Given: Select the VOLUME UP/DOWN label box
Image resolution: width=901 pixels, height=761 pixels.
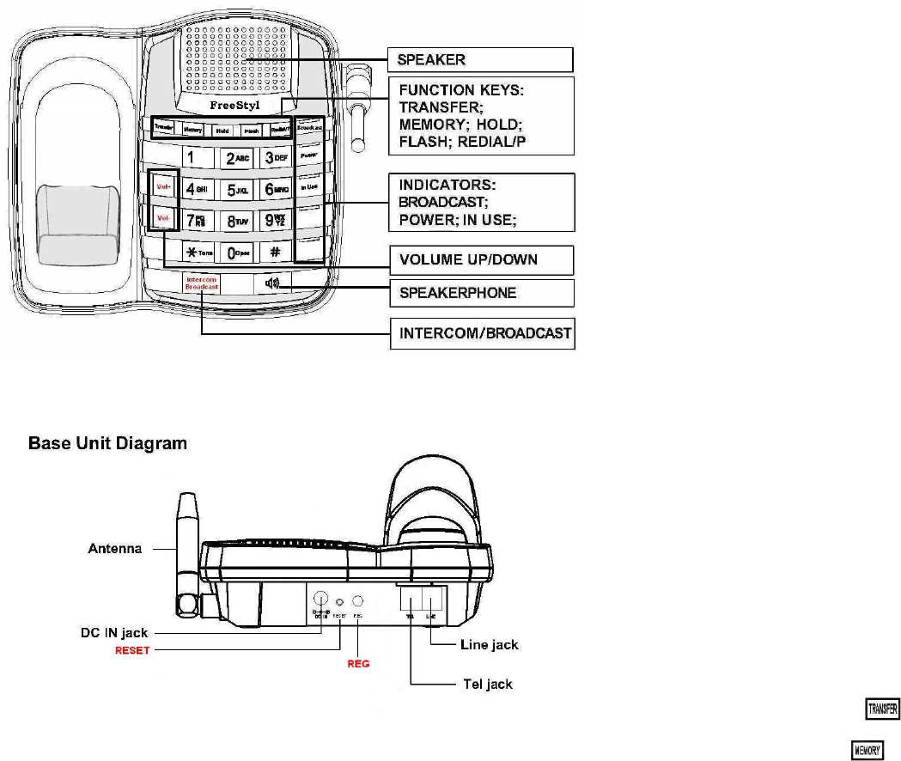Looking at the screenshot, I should [480, 259].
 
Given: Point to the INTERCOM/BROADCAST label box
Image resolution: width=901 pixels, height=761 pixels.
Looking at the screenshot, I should [482, 333].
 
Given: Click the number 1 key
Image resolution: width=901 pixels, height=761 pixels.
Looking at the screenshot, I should [191, 158].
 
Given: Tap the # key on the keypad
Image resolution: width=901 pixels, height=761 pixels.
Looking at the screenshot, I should [275, 253].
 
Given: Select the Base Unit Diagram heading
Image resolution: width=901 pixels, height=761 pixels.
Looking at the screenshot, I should [107, 445].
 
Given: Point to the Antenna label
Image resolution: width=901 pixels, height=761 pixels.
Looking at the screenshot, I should [115, 549].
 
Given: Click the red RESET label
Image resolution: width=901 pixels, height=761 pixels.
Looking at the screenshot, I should [133, 650].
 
